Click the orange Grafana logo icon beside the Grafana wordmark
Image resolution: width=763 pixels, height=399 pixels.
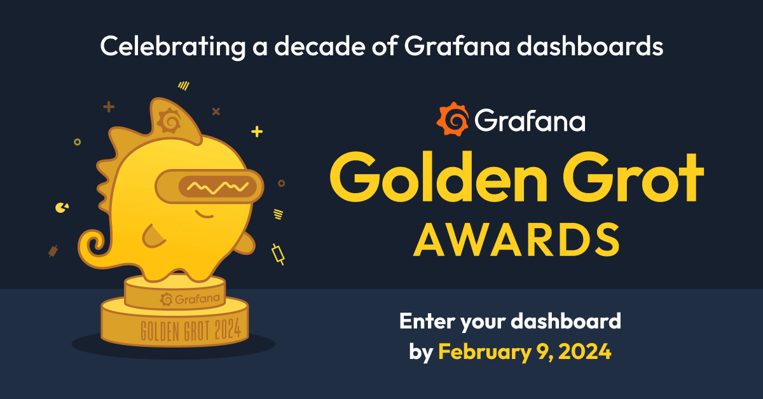tap(453, 119)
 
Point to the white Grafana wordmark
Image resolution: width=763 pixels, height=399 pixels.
tap(529, 120)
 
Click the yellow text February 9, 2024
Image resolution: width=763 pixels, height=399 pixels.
tap(525, 351)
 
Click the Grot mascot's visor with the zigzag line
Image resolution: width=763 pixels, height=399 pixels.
tap(210, 186)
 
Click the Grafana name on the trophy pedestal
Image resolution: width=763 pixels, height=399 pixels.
tap(191, 298)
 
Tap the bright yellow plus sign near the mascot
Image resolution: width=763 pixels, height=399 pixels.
tap(257, 132)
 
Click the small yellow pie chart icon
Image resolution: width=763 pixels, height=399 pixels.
tap(62, 207)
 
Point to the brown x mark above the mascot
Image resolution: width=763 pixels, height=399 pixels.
tap(216, 112)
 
